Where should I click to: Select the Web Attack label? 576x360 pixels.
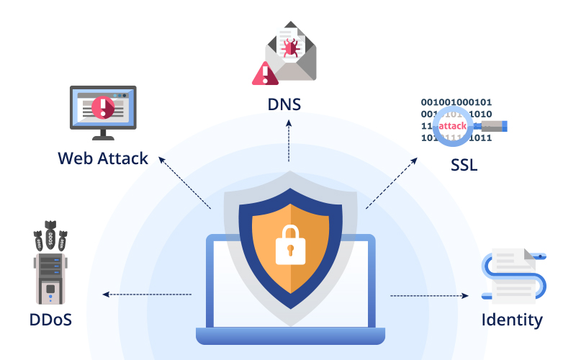[x=103, y=158]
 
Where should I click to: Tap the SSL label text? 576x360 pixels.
[x=464, y=165]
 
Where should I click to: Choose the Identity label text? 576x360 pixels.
[x=512, y=319]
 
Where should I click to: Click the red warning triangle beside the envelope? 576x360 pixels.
[x=265, y=73]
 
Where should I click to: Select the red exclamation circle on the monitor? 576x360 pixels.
[x=103, y=109]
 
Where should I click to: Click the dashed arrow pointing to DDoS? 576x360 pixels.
[x=147, y=294]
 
